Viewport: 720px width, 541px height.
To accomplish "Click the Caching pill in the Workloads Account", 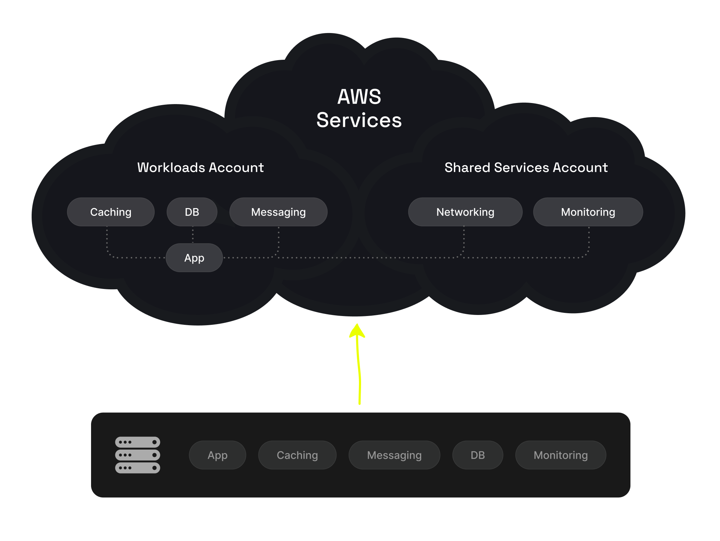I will (111, 212).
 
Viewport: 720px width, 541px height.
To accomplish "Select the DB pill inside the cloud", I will (192, 212).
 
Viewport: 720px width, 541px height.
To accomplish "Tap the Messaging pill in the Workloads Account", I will (278, 212).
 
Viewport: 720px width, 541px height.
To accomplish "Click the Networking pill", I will (465, 212).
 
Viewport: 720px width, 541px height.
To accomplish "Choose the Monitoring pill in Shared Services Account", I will (588, 212).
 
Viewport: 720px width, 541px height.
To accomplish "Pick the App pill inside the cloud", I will (194, 258).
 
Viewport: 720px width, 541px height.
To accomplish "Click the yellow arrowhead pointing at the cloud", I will (357, 331).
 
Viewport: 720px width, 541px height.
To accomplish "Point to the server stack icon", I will (137, 455).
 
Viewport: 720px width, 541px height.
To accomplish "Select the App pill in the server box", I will (217, 455).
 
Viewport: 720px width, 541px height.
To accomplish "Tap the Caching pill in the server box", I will (297, 455).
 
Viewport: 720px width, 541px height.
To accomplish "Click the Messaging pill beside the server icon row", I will (394, 455).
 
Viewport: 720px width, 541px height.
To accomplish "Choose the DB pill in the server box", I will (477, 455).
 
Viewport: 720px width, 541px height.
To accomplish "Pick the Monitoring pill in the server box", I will (560, 455).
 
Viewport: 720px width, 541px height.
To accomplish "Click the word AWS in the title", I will (359, 97).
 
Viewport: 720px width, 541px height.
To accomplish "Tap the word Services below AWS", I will (359, 120).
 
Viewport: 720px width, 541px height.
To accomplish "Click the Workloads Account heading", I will (200, 167).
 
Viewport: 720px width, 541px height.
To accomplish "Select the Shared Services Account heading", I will (526, 167).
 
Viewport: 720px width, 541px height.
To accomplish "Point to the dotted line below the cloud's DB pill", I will (193, 234).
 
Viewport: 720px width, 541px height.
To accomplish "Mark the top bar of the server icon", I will (137, 442).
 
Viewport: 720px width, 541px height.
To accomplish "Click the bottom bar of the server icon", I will (137, 468).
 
